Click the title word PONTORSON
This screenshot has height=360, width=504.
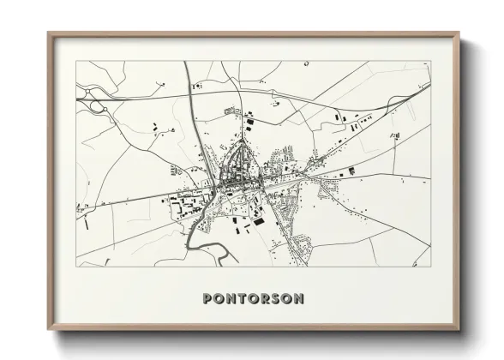(252, 298)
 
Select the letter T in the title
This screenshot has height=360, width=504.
(241, 298)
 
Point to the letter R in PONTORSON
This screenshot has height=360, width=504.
(263, 298)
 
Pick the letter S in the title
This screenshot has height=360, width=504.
(274, 298)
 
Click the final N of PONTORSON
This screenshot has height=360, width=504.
(297, 298)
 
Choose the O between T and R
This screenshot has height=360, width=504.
(252, 298)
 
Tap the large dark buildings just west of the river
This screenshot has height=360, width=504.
(184, 207)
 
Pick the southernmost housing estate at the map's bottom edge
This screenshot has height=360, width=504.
(299, 249)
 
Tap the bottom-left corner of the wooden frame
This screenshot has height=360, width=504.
(49, 330)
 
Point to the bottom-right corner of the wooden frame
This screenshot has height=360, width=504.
(459, 330)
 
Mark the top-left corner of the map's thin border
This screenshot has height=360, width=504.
(76, 61)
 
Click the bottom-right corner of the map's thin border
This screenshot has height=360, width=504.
(430, 266)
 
